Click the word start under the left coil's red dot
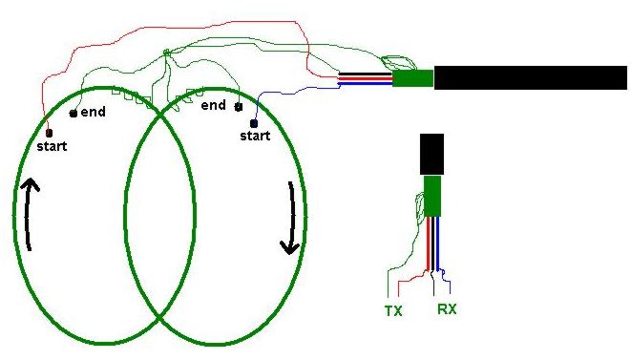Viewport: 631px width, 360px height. click(x=52, y=146)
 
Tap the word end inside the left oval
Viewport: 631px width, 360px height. click(x=93, y=112)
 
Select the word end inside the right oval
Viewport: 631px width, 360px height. click(x=213, y=105)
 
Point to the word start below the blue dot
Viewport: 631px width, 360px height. click(x=255, y=136)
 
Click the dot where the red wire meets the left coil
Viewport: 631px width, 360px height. click(x=49, y=133)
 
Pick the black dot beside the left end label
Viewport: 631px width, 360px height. click(x=74, y=114)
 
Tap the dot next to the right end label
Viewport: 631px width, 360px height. click(x=239, y=107)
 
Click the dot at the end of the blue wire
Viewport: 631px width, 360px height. click(x=254, y=123)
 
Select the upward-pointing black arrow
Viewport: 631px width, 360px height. click(x=29, y=214)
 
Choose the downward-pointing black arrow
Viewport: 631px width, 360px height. click(x=291, y=218)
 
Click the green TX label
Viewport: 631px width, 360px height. click(x=393, y=311)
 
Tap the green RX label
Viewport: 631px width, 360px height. click(x=447, y=309)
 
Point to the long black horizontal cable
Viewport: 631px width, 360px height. click(x=531, y=77)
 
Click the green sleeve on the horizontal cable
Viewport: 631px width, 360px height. click(x=413, y=78)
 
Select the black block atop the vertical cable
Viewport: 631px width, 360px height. click(x=431, y=155)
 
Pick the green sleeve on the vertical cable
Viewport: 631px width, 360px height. click(x=432, y=196)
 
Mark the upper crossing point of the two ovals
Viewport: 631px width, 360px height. click(x=160, y=116)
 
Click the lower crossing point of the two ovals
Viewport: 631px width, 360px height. click(x=159, y=319)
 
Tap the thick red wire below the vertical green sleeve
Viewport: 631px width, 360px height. click(x=429, y=244)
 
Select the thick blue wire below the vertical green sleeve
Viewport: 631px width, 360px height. click(x=437, y=244)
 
